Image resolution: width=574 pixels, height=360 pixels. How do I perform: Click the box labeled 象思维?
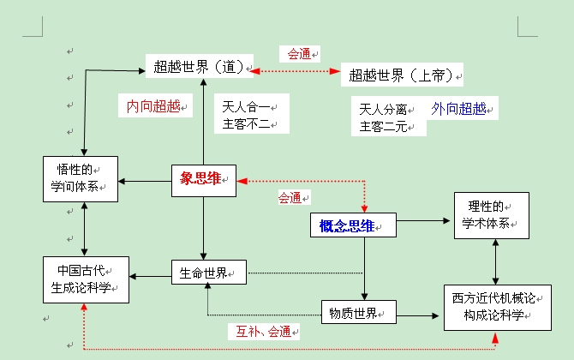[x=203, y=179]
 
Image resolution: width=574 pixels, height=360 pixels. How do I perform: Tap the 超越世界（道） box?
[x=202, y=65]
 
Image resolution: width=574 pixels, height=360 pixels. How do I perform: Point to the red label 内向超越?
[x=155, y=106]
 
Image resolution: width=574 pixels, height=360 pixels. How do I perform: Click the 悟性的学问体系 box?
[x=80, y=178]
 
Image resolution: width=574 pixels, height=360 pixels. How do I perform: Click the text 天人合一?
[x=247, y=107]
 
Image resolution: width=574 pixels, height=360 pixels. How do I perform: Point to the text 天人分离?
[x=383, y=110]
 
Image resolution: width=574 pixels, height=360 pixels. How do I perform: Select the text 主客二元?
[x=383, y=128]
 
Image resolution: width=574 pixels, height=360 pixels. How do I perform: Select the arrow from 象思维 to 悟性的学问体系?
[x=145, y=181]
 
